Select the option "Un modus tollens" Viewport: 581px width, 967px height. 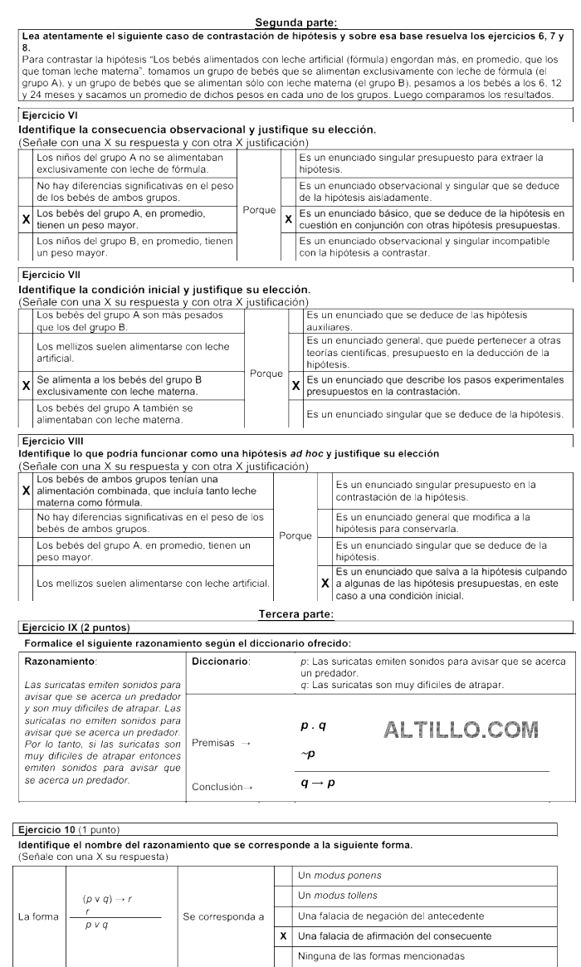[x=331, y=896]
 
